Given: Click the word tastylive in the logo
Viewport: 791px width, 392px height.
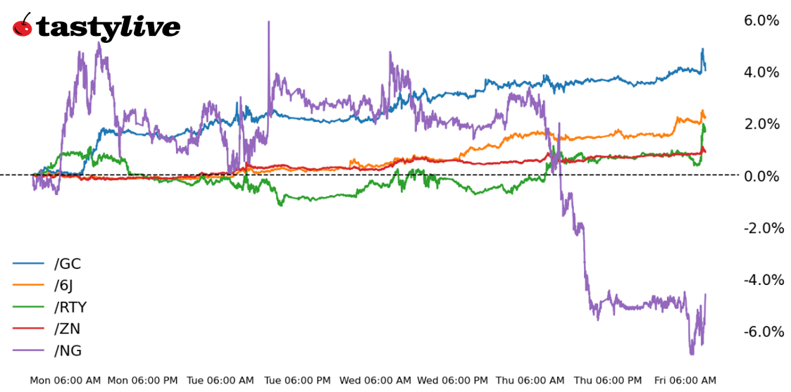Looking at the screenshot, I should [x=107, y=27].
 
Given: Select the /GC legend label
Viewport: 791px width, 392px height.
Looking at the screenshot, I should [x=68, y=264].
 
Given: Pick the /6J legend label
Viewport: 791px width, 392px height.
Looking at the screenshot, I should [x=63, y=286].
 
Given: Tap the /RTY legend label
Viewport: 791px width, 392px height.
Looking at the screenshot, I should [x=70, y=308].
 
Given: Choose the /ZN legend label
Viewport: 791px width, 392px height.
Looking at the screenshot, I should [x=68, y=329].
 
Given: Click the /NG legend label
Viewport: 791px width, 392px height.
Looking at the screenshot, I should [x=68, y=350].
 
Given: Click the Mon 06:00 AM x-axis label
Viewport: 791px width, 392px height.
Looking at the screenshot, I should [x=65, y=381].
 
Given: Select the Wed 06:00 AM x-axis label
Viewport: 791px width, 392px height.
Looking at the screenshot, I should [x=375, y=381].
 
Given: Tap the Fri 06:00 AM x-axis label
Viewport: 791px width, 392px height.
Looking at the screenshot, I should [x=685, y=381].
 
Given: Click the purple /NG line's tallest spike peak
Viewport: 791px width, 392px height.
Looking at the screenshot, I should [x=268, y=22].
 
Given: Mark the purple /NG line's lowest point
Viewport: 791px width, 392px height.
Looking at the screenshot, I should [x=692, y=354].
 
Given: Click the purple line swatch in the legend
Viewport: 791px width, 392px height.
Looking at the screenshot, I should [x=28, y=350].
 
